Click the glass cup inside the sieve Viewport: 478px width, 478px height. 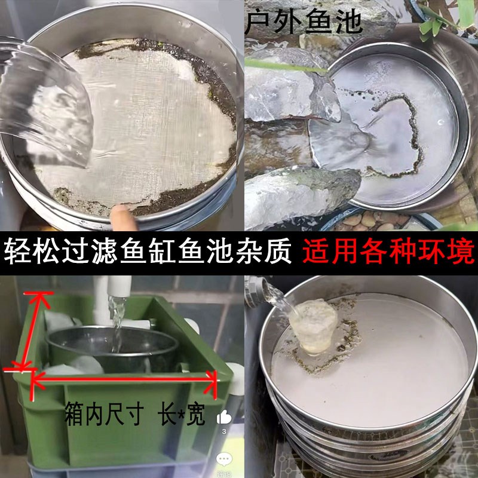313,326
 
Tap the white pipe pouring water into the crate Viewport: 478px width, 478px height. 117,293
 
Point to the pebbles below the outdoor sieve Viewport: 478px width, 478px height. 364,221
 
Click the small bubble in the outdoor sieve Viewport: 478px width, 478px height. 440,122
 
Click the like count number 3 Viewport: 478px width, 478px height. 224,431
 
